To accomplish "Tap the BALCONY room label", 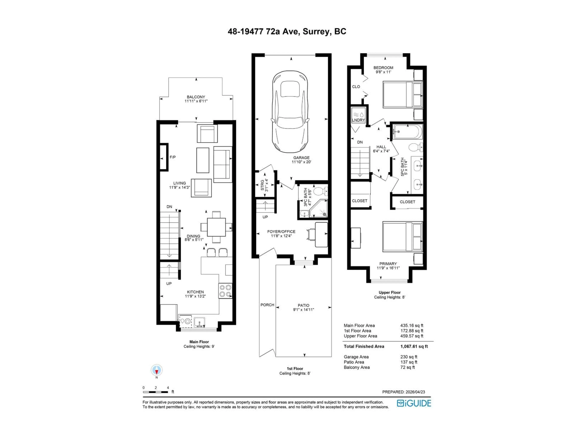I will point(196,97).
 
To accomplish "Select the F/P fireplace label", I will point(172,157).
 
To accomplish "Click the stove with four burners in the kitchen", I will point(225,291).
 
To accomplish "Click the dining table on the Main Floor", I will point(216,227).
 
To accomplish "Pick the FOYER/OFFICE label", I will point(281,232).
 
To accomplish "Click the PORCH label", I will point(267,305).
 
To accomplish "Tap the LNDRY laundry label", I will point(358,120).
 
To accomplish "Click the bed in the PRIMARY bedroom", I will point(402,236).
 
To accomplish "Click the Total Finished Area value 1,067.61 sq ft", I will point(414,346).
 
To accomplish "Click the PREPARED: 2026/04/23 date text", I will point(403,392).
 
